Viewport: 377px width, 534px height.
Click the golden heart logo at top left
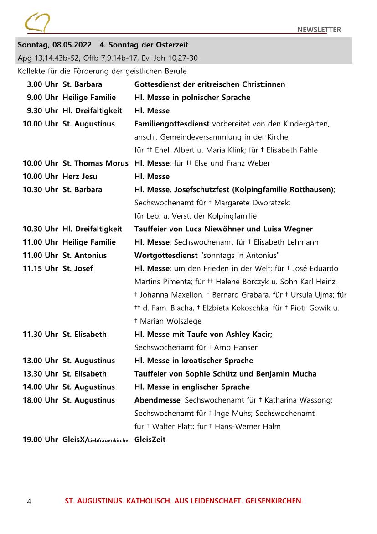point(37,22)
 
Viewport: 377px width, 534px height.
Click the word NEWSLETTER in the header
point(319,30)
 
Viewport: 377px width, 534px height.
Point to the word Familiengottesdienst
point(172,124)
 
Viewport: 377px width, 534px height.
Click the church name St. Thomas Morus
point(95,163)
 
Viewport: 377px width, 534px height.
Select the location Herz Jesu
point(80,177)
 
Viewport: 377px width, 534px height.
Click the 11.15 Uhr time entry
point(41,269)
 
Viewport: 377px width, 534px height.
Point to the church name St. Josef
point(77,269)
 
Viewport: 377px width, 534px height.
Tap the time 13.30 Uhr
point(41,374)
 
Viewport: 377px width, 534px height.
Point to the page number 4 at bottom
point(29,502)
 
